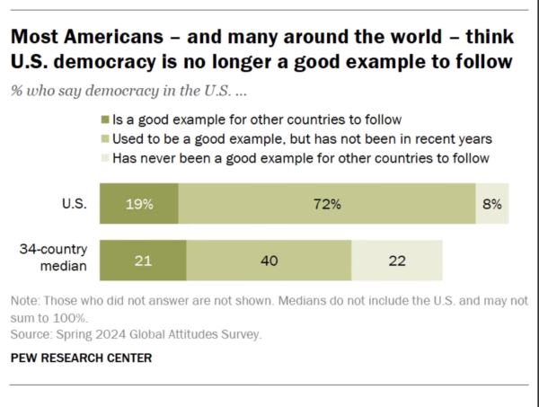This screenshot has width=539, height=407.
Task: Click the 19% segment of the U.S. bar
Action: point(139,203)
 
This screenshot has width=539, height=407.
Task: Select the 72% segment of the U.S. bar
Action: point(327,203)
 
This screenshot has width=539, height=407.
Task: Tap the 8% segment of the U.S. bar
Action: point(492,203)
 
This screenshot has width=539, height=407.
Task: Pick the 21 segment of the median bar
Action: point(143,261)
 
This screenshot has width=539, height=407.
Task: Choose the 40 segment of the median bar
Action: point(269,261)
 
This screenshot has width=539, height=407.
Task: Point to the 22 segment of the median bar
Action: point(397,261)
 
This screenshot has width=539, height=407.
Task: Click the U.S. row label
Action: point(75,204)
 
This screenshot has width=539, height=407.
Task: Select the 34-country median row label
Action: point(53,257)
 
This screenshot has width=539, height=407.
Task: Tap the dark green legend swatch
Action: point(105,119)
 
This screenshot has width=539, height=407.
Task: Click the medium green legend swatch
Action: point(105,139)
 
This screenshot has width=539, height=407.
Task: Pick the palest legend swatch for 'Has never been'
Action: point(105,158)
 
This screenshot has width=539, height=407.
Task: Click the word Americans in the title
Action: point(113,37)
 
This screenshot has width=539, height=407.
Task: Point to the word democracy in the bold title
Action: point(104,62)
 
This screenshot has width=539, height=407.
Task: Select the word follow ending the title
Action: point(484,61)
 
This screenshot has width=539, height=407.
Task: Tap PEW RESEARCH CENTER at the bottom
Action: point(81,358)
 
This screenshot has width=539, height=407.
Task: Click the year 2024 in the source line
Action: point(110,334)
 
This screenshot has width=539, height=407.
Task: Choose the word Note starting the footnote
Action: point(24,301)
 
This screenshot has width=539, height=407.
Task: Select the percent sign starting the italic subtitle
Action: point(16,91)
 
